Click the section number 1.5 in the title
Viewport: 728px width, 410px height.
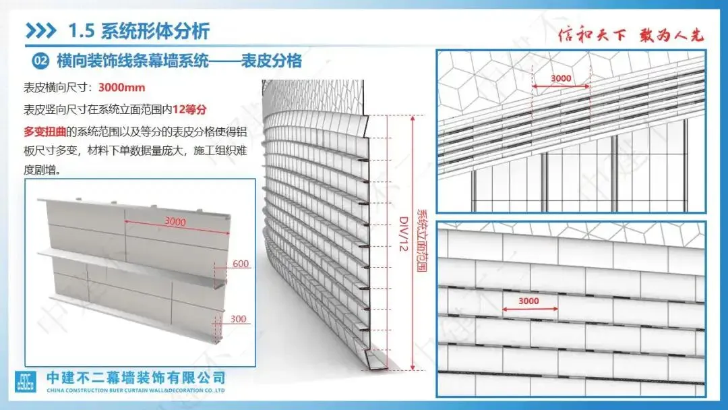[x=82, y=30]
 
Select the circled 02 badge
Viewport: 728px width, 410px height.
[x=41, y=61]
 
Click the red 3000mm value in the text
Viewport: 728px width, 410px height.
[x=121, y=88]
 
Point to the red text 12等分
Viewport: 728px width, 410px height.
[x=189, y=109]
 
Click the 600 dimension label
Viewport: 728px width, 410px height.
[x=239, y=264]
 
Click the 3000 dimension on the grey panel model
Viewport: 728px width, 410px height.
[x=175, y=221]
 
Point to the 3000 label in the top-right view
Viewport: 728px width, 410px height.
[x=561, y=78]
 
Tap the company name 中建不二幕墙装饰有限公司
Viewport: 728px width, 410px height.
[x=135, y=378]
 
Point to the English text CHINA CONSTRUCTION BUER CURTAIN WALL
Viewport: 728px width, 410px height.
[x=121, y=390]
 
